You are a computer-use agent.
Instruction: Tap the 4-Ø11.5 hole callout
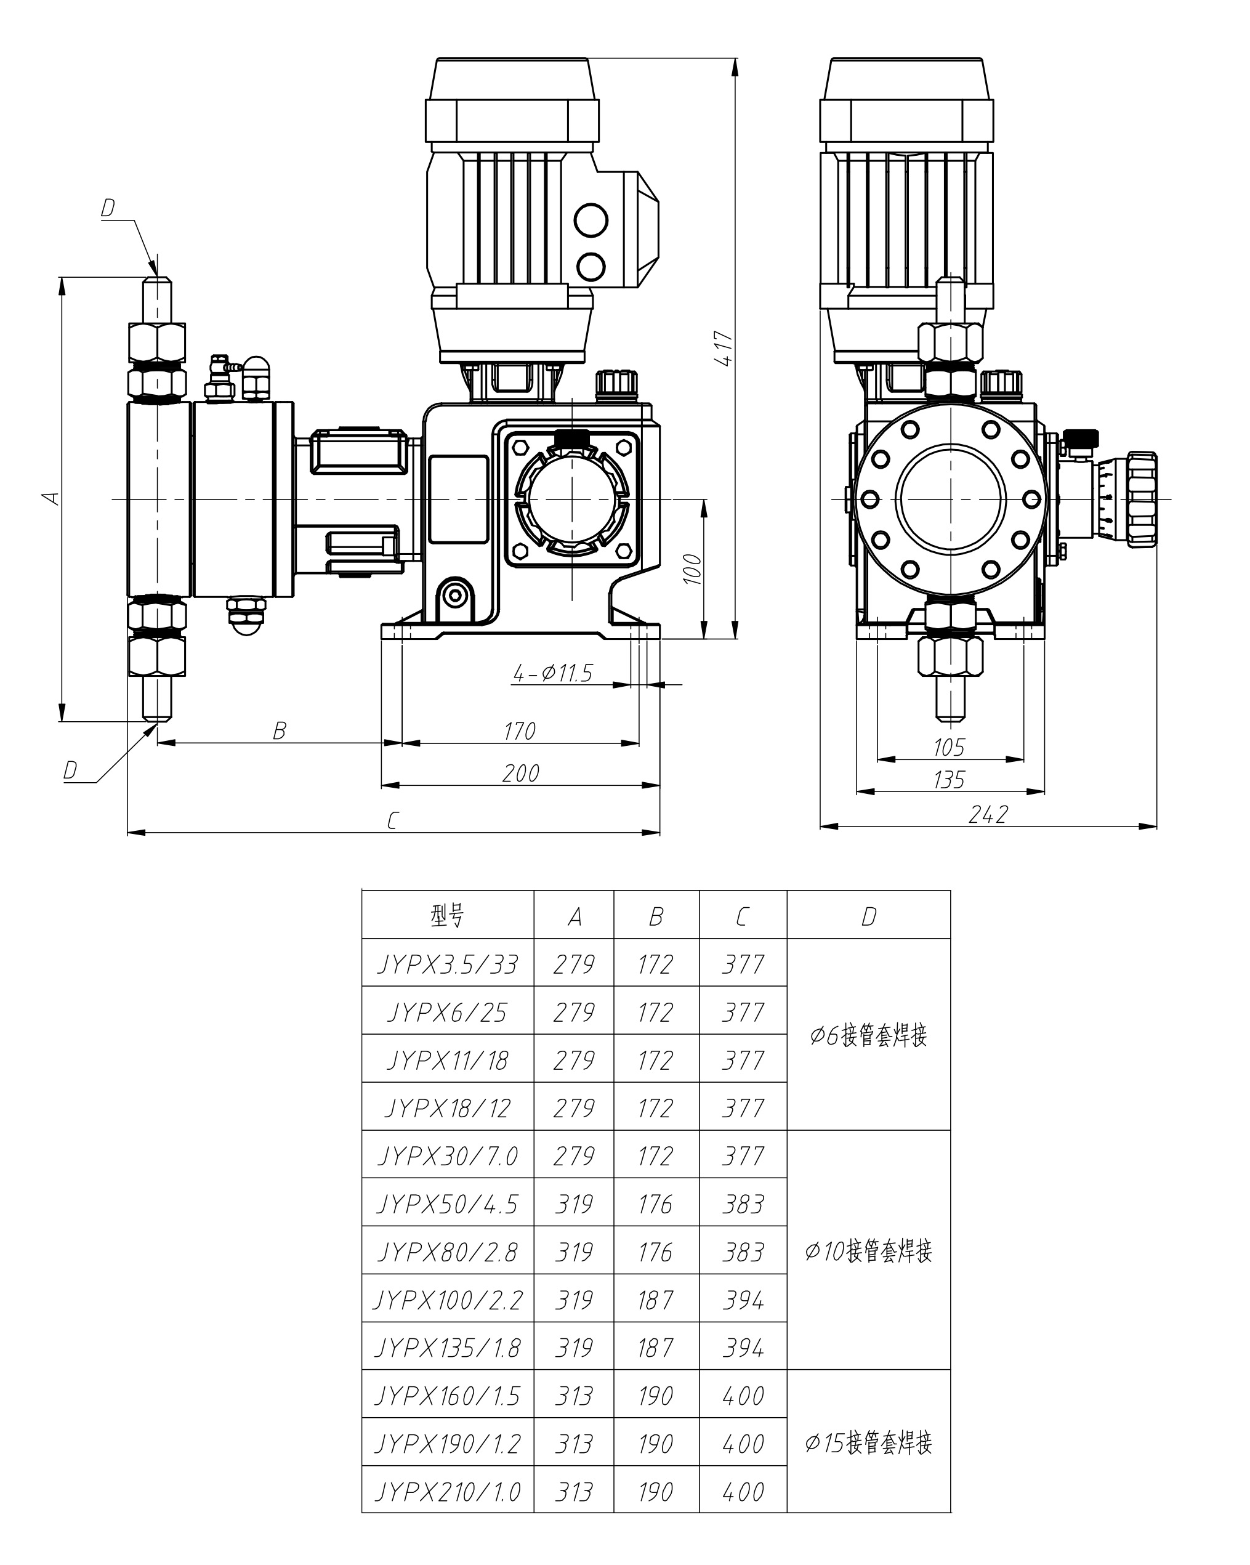[x=552, y=674]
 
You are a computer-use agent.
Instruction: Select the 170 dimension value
[x=519, y=731]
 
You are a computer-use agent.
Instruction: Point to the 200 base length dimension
[x=520, y=773]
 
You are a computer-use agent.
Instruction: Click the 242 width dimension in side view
[x=988, y=814]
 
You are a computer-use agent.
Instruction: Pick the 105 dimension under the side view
[x=949, y=747]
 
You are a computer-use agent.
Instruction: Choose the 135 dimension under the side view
[x=949, y=780]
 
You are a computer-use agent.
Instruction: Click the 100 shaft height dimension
[x=693, y=569]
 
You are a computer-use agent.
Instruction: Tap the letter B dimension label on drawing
[x=280, y=731]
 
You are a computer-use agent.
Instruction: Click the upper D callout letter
[x=107, y=208]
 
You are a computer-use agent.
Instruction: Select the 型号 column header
[x=447, y=916]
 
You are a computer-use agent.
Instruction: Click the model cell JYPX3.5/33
[x=447, y=964]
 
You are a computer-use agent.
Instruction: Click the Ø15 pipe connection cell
[x=868, y=1443]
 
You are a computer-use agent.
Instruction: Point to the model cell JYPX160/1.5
[x=447, y=1396]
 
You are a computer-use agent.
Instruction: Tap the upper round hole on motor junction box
[x=591, y=219]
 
